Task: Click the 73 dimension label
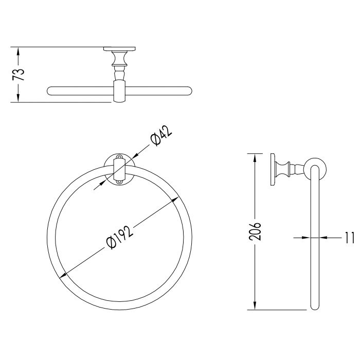(19, 74)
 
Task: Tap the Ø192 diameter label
(120, 238)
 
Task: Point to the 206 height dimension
(255, 231)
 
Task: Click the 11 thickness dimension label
(349, 238)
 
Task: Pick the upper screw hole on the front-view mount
(119, 157)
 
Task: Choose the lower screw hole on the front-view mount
(119, 182)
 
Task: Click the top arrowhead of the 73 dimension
(19, 51)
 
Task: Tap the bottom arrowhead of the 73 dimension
(19, 98)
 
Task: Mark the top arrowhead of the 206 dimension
(255, 158)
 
